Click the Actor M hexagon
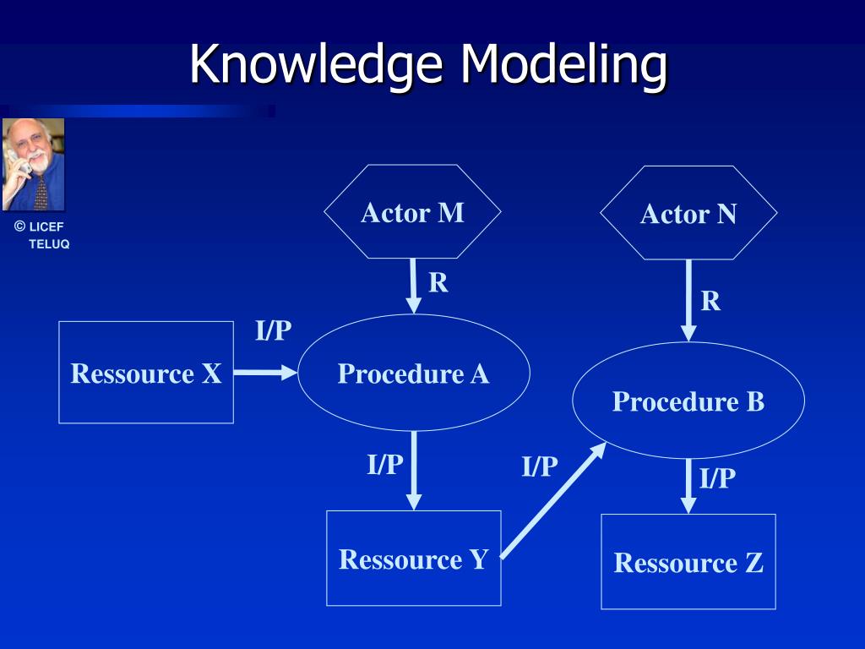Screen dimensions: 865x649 pos(412,211)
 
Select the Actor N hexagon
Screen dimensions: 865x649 pos(688,213)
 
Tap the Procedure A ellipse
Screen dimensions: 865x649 pos(414,373)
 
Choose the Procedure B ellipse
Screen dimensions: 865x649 pos(688,401)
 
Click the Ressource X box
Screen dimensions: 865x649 pos(146,372)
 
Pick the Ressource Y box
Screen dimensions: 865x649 pos(414,558)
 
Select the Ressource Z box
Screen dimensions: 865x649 pos(688,561)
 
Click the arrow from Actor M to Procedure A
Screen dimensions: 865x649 pos(414,285)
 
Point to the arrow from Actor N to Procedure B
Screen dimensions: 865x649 pos(688,299)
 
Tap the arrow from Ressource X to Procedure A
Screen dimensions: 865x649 pos(264,372)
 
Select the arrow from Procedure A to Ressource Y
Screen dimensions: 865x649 pos(414,469)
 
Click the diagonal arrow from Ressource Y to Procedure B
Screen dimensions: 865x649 pos(553,500)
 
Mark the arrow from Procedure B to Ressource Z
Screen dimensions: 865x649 pos(688,485)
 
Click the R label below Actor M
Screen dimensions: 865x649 pos(438,282)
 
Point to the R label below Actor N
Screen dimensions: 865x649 pos(711,301)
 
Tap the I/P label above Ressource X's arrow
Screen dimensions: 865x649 pos(274,330)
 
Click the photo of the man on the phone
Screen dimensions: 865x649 pos(33,164)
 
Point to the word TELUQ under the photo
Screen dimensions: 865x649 pos(49,244)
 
